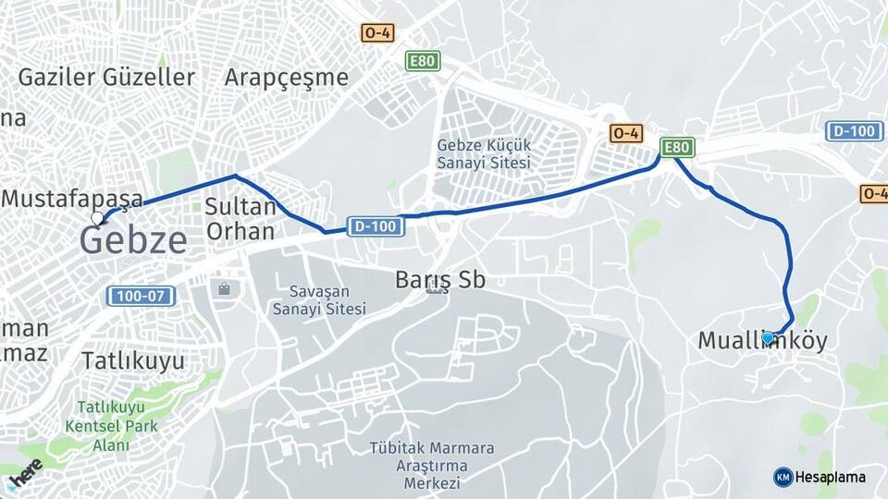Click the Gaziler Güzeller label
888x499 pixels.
pyautogui.click(x=106, y=77)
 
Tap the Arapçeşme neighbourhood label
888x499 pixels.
pyautogui.click(x=286, y=77)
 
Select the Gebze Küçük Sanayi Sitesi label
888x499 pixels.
pyautogui.click(x=484, y=154)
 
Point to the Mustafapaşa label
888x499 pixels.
pyautogui.click(x=72, y=198)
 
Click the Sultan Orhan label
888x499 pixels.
pyautogui.click(x=240, y=219)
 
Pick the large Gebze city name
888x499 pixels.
pyautogui.click(x=133, y=240)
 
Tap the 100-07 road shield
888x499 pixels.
pyautogui.click(x=141, y=297)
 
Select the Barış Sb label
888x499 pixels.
pyautogui.click(x=439, y=279)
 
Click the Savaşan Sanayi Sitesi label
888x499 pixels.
pyautogui.click(x=319, y=299)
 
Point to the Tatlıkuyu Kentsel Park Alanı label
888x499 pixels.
pyautogui.click(x=111, y=426)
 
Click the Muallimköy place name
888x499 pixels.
pyautogui.click(x=762, y=341)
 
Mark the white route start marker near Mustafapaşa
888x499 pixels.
pyautogui.click(x=97, y=219)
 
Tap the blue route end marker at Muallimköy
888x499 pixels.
pyautogui.click(x=768, y=338)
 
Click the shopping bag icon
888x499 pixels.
pyautogui.click(x=224, y=289)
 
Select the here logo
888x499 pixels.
pyautogui.click(x=26, y=473)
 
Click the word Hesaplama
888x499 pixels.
pyautogui.click(x=831, y=477)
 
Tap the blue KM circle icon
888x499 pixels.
pyautogui.click(x=783, y=477)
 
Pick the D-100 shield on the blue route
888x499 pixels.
pyautogui.click(x=376, y=225)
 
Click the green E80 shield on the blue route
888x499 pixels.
pyautogui.click(x=677, y=147)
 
